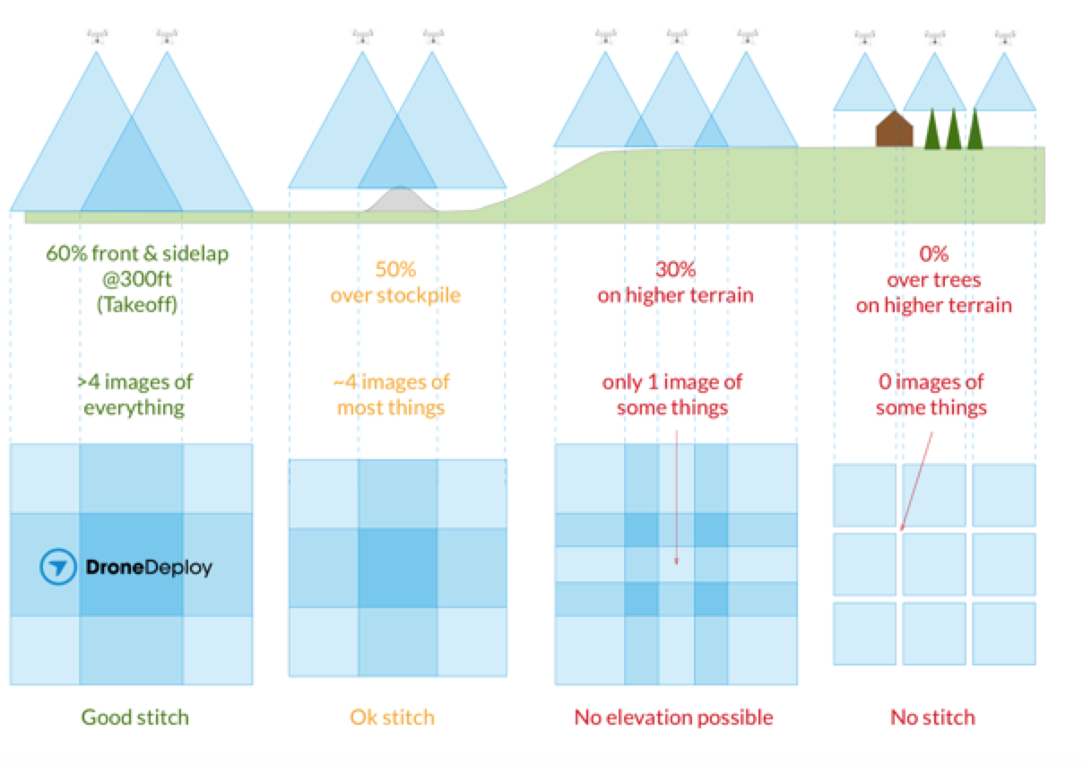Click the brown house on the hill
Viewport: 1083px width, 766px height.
pos(894,130)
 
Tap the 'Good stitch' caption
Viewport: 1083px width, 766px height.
pos(135,717)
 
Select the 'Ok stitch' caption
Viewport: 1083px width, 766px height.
pos(392,717)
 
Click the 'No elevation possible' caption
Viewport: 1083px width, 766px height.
pos(673,717)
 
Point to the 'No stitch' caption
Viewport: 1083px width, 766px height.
pos(932,717)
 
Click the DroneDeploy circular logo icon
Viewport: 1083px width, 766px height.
pos(57,568)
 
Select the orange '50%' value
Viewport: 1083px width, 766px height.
pos(395,269)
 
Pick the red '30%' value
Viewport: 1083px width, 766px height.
pos(675,269)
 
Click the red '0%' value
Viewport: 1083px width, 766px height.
pos(933,255)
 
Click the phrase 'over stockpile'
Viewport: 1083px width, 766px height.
pos(395,295)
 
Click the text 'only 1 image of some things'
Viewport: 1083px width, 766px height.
pos(672,395)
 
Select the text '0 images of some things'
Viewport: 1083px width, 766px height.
pos(931,395)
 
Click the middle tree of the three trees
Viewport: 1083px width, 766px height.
pos(953,131)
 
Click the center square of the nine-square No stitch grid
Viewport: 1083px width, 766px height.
pos(934,564)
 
